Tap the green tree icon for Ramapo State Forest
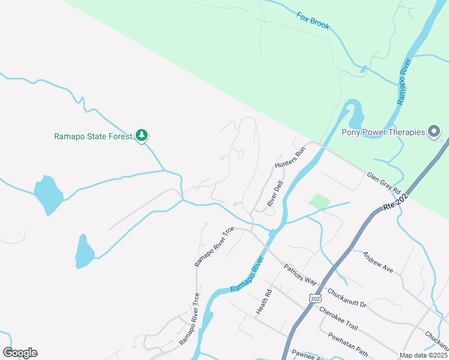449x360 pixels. click(142, 135)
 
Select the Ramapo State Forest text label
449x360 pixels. click(92, 136)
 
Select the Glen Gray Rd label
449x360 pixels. click(384, 182)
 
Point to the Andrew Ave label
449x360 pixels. click(378, 262)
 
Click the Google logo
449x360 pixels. click(20, 353)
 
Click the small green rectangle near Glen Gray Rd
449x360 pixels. click(319, 202)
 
